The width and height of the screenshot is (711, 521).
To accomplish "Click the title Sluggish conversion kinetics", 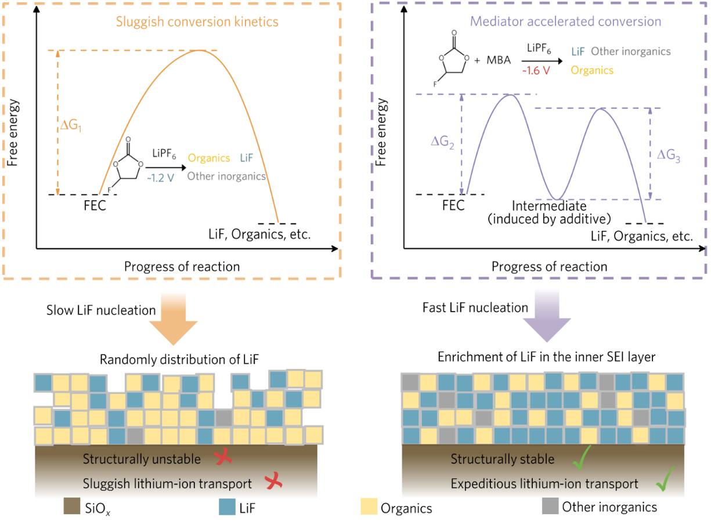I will (x=197, y=22).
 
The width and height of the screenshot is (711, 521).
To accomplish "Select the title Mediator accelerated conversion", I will (x=565, y=22).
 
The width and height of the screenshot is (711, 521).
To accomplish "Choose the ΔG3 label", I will (x=668, y=155).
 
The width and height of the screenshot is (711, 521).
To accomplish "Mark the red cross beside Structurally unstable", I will (x=222, y=458).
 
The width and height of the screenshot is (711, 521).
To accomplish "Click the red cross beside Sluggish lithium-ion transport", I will (x=273, y=482).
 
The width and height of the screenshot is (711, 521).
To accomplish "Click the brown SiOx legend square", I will (x=71, y=507).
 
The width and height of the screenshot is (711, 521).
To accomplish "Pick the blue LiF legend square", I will (x=226, y=507).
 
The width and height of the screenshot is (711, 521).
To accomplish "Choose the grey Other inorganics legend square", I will (x=550, y=506).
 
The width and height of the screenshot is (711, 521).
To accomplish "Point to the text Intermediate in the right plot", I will (x=550, y=207).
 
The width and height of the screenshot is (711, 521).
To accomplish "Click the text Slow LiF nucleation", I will (x=101, y=310).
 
